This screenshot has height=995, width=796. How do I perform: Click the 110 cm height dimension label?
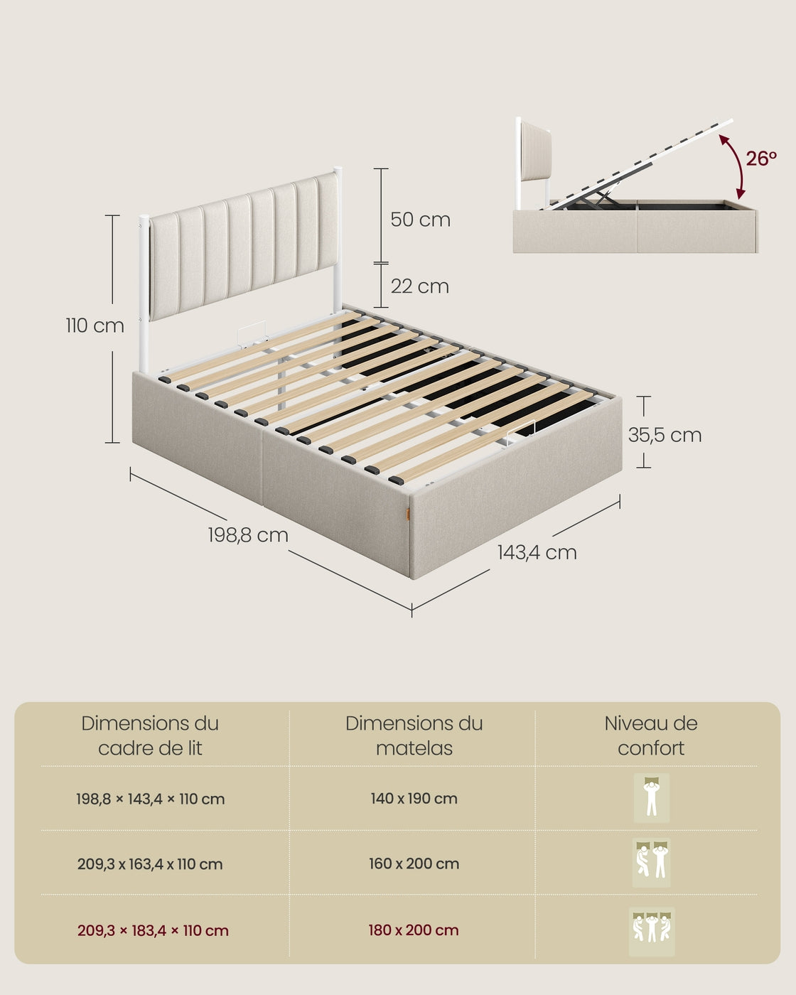[95, 326]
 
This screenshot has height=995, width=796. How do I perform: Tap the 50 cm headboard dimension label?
[421, 220]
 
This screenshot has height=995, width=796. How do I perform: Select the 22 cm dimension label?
[420, 286]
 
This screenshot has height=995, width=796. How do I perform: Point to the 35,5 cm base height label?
[665, 436]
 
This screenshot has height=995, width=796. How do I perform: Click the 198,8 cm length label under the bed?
[248, 535]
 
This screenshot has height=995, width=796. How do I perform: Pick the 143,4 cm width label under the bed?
[537, 552]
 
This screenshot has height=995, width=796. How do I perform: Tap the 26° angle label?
[761, 158]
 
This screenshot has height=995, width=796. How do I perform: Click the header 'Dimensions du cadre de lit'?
[150, 736]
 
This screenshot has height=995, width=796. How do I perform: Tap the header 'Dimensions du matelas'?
[414, 736]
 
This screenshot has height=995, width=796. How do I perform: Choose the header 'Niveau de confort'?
[651, 736]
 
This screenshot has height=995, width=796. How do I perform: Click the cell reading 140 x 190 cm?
[414, 799]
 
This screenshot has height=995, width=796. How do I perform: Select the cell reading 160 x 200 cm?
[414, 864]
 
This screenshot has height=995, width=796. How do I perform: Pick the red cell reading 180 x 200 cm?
[414, 930]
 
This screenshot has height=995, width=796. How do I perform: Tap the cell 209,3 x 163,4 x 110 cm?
[150, 864]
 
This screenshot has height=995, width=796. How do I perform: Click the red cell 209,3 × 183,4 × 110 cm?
[153, 931]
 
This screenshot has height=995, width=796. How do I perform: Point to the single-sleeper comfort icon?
[651, 798]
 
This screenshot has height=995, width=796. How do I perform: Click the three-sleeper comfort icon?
[652, 931]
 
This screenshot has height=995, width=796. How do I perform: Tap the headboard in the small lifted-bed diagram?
[536, 153]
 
